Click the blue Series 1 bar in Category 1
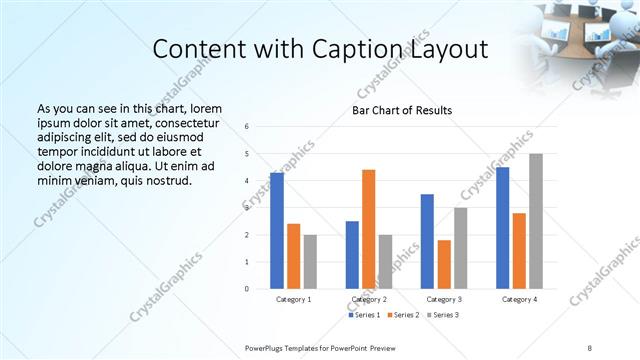click(x=276, y=231)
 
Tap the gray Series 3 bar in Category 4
click(x=535, y=221)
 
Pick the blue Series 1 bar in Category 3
click(x=427, y=241)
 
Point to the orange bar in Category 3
click(x=443, y=264)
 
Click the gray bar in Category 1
click(x=310, y=262)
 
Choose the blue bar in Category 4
click(x=502, y=228)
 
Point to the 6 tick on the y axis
click(x=247, y=127)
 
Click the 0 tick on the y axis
click(x=247, y=289)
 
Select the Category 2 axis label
click(x=368, y=300)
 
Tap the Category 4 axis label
click(x=518, y=300)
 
